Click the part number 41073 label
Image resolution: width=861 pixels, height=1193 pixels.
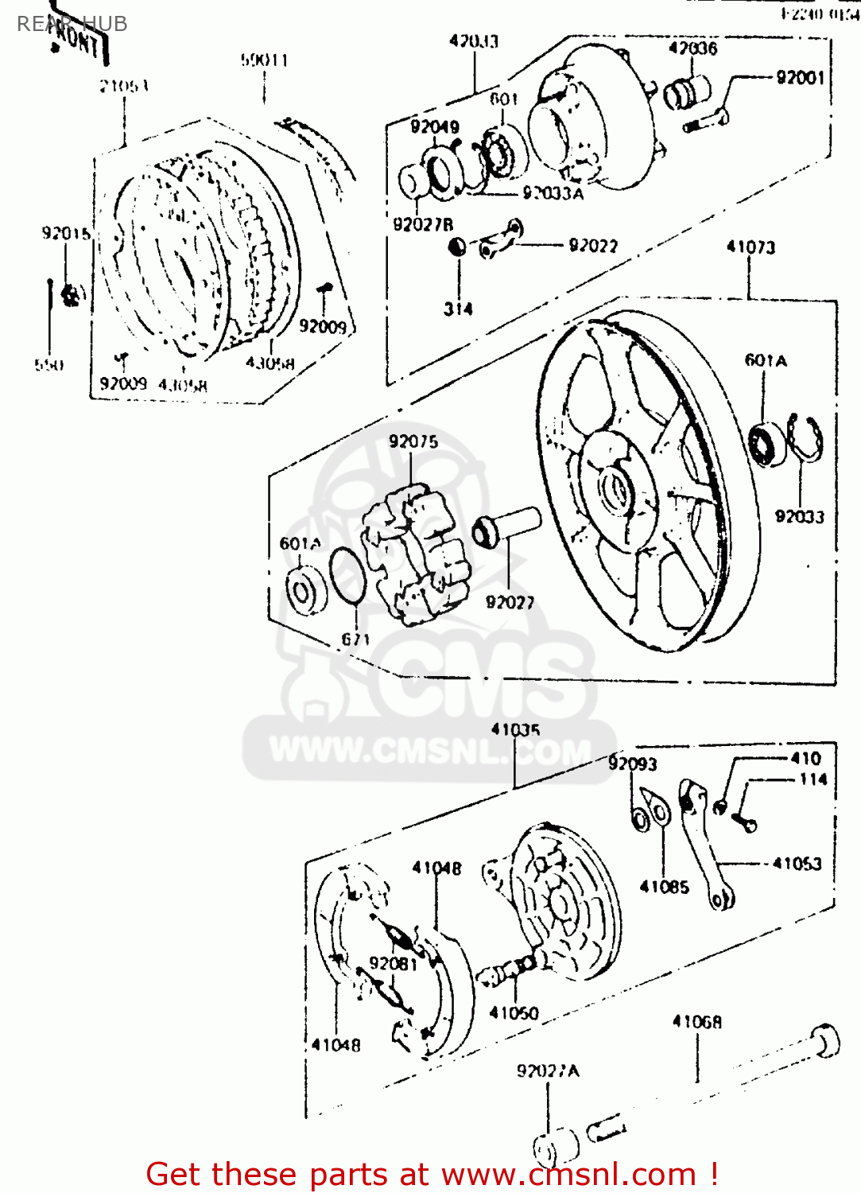750,247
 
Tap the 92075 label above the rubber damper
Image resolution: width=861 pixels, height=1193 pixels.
413,441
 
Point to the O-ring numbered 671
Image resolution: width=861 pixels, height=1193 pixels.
347,576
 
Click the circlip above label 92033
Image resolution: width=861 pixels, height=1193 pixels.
805,438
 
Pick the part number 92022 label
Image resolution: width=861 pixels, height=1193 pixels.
593,246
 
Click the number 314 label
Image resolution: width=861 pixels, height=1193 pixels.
458,309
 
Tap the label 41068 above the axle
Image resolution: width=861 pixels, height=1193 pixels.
697,1022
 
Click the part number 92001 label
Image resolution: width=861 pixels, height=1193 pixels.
800,77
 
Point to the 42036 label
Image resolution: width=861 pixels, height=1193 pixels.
692,49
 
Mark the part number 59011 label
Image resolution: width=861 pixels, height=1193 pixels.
264,60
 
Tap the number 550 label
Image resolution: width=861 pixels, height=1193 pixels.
49,365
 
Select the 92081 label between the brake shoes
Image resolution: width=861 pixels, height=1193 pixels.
393,963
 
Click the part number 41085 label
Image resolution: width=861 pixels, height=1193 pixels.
664,887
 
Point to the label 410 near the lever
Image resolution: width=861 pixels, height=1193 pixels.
805,759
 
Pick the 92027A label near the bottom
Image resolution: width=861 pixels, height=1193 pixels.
548,1071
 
